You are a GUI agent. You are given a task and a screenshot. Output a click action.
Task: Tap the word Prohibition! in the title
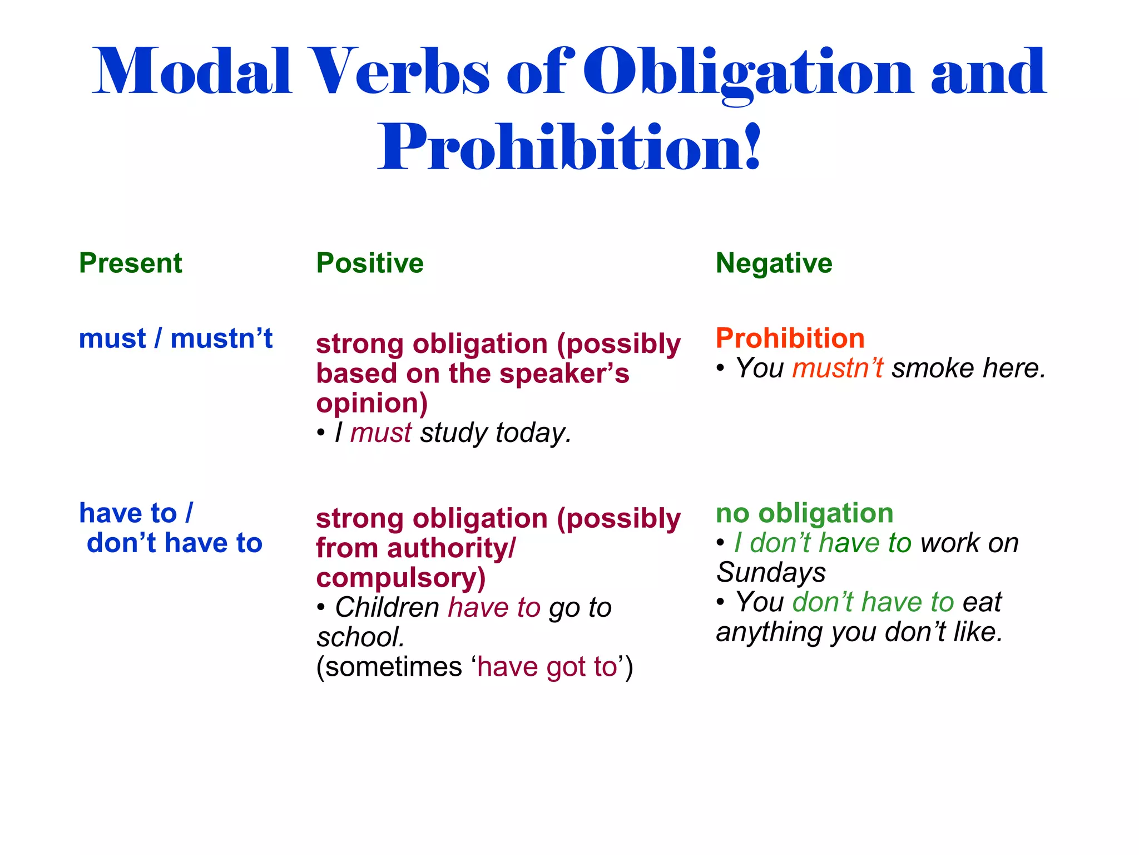click(x=568, y=147)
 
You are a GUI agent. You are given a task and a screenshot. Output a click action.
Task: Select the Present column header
click(x=130, y=263)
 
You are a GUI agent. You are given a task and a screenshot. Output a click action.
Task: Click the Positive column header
click(x=369, y=263)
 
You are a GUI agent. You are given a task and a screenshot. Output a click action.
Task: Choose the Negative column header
click(x=774, y=263)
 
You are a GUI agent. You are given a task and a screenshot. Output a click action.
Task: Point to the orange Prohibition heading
click(x=790, y=338)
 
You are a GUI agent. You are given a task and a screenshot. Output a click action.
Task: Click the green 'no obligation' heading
click(x=804, y=513)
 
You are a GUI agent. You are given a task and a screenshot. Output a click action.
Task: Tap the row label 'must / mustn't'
click(x=176, y=338)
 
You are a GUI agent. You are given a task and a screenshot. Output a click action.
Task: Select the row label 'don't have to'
click(x=174, y=543)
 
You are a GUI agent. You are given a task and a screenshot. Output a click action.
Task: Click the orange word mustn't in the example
click(x=838, y=368)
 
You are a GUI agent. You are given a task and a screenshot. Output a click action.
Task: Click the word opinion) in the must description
click(x=372, y=403)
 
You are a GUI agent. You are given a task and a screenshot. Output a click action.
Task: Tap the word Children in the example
click(x=387, y=607)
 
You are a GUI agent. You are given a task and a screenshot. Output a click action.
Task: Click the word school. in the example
click(x=360, y=637)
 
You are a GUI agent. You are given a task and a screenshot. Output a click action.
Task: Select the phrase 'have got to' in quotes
click(x=547, y=667)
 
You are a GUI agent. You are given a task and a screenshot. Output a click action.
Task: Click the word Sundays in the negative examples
click(x=771, y=572)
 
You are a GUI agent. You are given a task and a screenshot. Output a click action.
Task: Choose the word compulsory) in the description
click(x=400, y=578)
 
